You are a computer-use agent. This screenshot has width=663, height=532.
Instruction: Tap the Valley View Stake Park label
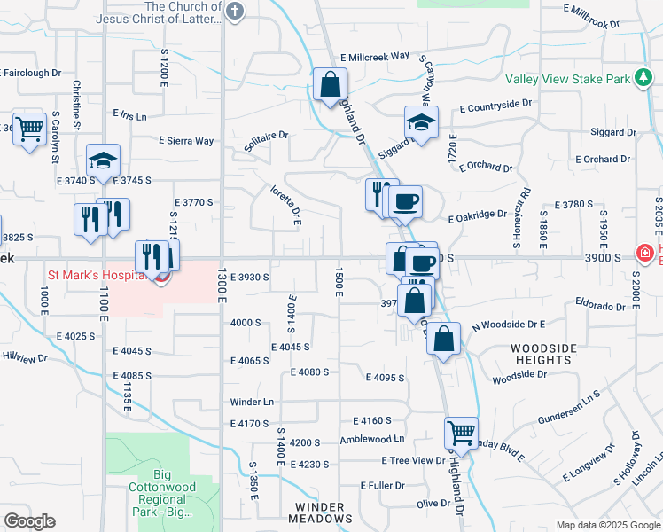click(x=567, y=79)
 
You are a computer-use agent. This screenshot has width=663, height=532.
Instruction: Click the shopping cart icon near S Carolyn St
click(x=29, y=129)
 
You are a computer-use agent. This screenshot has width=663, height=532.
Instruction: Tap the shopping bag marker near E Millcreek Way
click(x=330, y=85)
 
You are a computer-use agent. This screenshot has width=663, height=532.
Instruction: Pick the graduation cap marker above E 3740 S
click(x=103, y=160)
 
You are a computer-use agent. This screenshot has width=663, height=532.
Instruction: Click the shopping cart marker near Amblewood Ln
click(x=461, y=433)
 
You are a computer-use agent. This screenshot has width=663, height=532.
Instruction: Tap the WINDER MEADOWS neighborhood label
click(x=318, y=512)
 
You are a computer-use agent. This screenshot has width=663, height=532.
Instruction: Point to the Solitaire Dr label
click(x=267, y=136)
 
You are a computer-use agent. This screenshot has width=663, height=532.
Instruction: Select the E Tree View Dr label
click(x=413, y=460)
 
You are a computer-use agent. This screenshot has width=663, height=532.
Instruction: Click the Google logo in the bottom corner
click(x=30, y=520)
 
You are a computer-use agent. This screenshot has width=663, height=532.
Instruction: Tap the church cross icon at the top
click(x=234, y=11)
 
